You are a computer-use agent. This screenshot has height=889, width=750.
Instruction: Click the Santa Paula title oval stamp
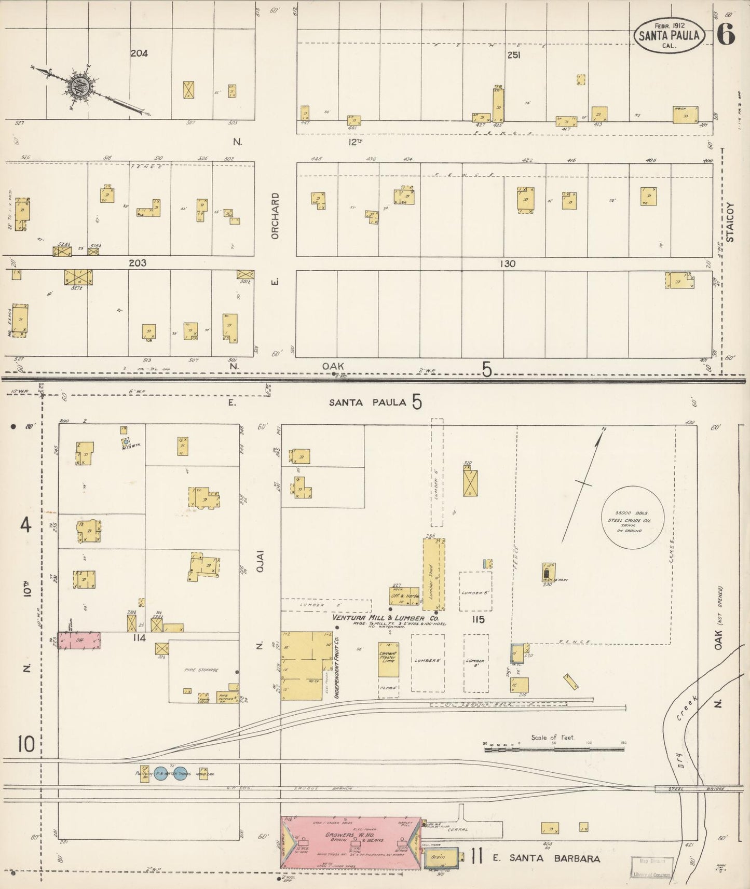(669, 35)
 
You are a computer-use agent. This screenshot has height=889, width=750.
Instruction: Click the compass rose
(81, 85)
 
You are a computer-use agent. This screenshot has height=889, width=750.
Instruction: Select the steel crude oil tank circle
(633, 517)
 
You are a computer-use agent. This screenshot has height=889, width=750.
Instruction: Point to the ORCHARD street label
(275, 216)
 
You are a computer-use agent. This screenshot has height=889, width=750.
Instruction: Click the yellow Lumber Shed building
(432, 574)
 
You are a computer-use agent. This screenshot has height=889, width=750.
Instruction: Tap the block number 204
(139, 53)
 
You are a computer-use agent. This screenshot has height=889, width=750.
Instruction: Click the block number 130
(507, 263)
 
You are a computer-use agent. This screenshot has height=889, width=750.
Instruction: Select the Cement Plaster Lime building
(388, 659)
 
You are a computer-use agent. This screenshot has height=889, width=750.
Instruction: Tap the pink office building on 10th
(79, 641)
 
